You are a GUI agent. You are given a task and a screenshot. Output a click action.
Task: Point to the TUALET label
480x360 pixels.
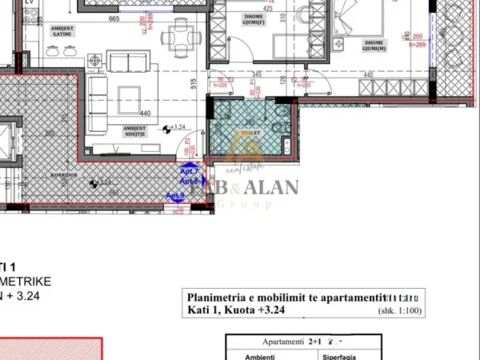[x=241, y=134]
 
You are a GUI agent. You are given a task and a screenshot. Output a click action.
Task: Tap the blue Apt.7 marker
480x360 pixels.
[x=189, y=171]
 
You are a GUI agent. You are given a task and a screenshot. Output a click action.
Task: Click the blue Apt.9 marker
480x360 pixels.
[x=174, y=196]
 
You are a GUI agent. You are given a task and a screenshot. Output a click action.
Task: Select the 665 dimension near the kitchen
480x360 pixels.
[x=114, y=18]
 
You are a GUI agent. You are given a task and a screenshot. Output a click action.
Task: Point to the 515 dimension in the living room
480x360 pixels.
[x=194, y=82]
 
